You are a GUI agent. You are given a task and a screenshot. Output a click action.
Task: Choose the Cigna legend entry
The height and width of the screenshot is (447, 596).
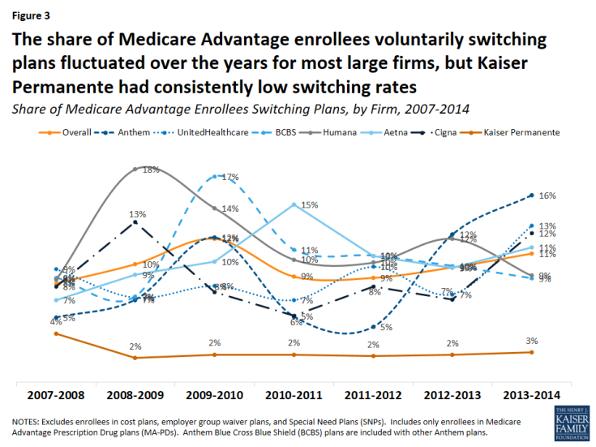tap(443, 132)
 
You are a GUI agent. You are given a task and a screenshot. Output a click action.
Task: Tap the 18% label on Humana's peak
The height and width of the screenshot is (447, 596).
tap(151, 170)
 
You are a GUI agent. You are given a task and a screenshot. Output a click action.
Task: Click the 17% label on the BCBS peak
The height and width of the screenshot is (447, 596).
tap(229, 177)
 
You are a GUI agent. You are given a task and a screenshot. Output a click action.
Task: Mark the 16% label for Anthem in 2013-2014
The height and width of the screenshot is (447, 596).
tap(547, 196)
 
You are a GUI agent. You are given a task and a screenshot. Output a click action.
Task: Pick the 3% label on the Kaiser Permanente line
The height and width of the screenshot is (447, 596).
tap(531, 341)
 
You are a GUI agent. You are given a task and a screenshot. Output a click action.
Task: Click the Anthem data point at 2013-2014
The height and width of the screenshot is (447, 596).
tap(531, 196)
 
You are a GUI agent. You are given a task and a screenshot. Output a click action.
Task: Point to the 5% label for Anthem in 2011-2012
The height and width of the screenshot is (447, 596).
tap(386, 328)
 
